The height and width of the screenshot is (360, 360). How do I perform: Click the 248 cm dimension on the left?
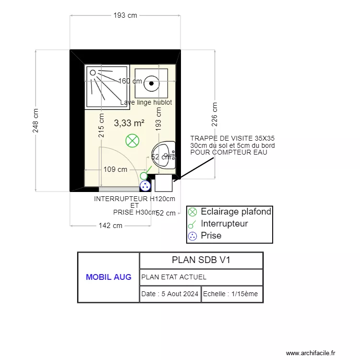(36, 120)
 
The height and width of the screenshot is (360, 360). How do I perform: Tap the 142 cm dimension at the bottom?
(111, 225)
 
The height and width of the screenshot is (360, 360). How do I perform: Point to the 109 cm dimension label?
(115, 169)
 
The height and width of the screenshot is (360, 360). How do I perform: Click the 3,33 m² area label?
(129, 123)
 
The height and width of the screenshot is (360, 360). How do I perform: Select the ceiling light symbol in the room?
(132, 141)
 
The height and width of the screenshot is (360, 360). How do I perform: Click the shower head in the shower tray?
(93, 73)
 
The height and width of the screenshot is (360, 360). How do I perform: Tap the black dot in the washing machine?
(152, 83)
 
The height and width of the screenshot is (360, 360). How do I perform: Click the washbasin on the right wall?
(165, 155)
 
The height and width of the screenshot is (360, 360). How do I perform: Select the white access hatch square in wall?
(164, 183)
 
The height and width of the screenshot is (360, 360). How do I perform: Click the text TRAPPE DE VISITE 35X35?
(232, 138)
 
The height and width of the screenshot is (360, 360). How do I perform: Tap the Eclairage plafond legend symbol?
(192, 212)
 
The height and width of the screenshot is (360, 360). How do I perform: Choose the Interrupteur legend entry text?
(224, 224)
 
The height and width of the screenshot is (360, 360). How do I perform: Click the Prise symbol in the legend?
(192, 236)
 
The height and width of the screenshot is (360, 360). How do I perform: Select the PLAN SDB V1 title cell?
(201, 260)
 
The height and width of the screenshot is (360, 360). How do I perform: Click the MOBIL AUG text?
(108, 277)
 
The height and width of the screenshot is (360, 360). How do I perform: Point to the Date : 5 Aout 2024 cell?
(170, 294)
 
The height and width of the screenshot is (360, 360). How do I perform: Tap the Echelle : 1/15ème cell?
(232, 294)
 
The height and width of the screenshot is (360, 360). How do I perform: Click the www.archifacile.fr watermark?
(311, 353)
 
